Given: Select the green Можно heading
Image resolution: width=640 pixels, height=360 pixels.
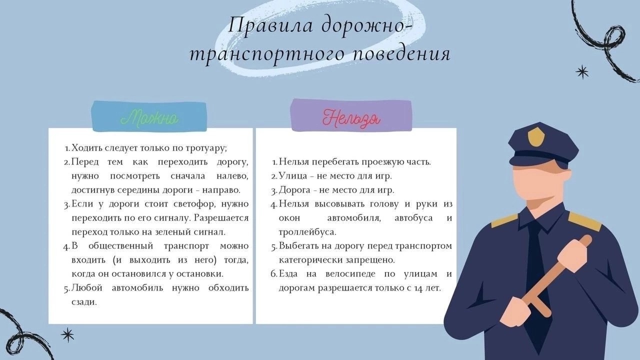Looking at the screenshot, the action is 149,117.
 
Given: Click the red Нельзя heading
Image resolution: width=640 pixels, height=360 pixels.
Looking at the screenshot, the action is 351,118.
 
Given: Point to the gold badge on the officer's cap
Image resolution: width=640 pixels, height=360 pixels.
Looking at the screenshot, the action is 535,136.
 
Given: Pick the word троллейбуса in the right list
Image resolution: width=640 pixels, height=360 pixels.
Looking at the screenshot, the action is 307,232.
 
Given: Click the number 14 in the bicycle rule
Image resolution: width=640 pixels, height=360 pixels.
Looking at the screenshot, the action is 417,288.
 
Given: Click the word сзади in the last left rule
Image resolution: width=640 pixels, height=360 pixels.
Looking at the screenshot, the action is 84,302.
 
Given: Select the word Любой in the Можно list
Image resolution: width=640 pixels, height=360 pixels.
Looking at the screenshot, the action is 87,287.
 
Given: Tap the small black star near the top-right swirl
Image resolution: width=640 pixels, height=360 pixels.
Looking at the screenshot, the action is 582,71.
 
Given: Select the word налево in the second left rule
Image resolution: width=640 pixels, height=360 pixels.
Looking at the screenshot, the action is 232,176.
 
